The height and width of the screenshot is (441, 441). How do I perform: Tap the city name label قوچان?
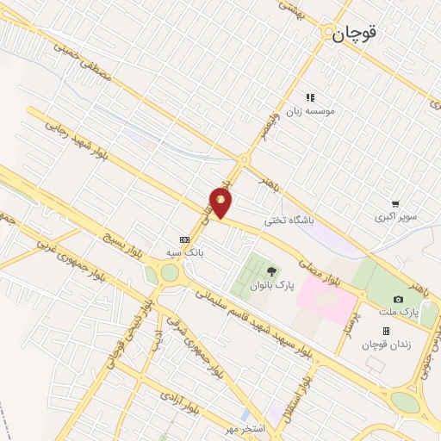(x=357, y=34)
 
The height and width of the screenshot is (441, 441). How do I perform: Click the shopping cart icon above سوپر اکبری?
(x=394, y=204)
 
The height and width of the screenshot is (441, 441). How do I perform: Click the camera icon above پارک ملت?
(x=398, y=298)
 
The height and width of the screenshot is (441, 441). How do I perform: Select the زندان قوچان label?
(x=385, y=345)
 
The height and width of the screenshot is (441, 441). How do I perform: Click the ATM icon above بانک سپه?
(x=183, y=239)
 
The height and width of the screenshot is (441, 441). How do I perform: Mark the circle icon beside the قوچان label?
(x=328, y=34)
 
